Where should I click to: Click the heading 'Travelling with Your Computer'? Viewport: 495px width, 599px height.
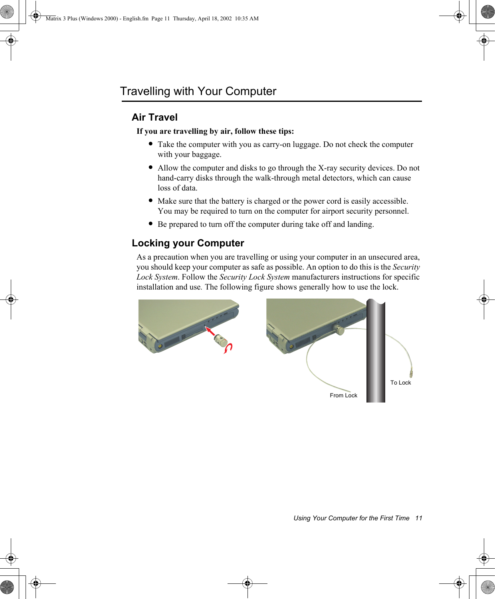[x=198, y=91]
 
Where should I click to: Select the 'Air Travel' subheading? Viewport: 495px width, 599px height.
[x=154, y=117]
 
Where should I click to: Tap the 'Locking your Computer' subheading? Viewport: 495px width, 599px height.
[x=188, y=243]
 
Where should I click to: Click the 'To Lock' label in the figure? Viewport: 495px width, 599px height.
[x=400, y=383]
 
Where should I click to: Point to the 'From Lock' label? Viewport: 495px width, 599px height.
[x=343, y=395]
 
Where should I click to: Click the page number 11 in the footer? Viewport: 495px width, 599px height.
[x=418, y=518]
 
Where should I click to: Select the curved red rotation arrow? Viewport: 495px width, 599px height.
[x=228, y=348]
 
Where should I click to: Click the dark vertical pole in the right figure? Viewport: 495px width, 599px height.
[x=376, y=351]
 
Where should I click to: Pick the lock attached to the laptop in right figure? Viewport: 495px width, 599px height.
[x=340, y=330]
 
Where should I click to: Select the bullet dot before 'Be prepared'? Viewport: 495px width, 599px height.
[x=150, y=224]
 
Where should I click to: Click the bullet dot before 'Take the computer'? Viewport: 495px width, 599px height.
[x=150, y=144]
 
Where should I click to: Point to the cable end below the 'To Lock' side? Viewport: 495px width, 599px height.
[x=411, y=373]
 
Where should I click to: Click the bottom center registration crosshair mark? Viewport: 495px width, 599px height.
[x=247, y=583]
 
